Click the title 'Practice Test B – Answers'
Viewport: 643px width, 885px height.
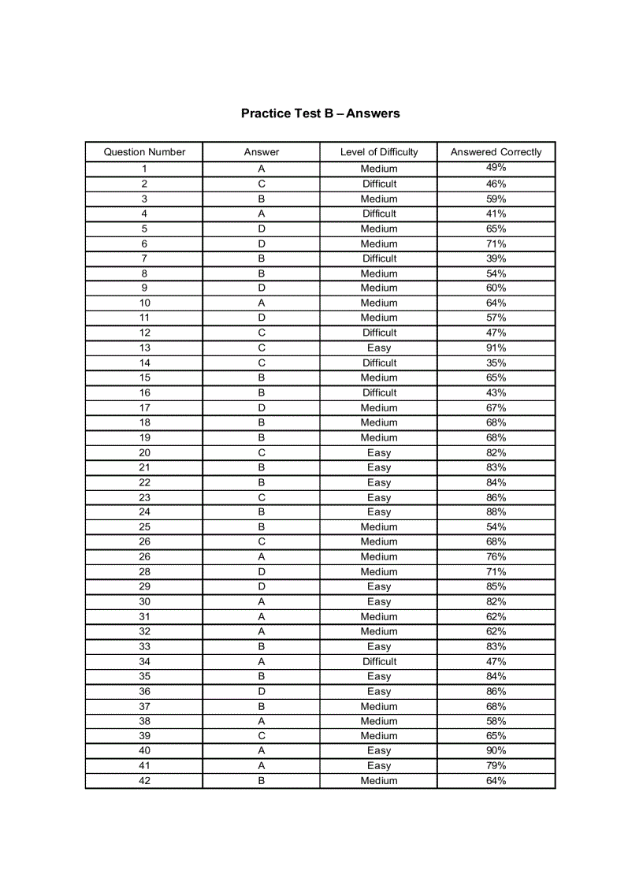coord(320,113)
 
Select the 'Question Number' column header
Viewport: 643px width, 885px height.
coord(144,152)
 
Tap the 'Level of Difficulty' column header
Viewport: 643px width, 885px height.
coord(379,152)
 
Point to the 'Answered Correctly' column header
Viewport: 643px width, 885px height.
coord(496,152)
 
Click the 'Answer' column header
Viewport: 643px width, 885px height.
coord(261,152)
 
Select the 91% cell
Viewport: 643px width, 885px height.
coord(496,348)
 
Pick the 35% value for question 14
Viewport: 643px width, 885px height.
coord(496,363)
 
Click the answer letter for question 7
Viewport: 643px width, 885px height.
coord(261,258)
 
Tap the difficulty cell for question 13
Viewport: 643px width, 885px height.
coord(379,348)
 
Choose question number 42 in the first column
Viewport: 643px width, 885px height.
coord(144,780)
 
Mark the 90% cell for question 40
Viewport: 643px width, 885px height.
coord(496,750)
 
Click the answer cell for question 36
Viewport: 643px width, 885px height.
coord(261,691)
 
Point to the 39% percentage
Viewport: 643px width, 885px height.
coord(496,258)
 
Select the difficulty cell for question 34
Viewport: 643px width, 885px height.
coord(379,661)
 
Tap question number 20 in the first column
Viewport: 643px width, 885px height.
coord(144,452)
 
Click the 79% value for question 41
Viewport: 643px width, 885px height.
coord(496,765)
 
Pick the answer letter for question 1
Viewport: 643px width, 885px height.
coord(261,169)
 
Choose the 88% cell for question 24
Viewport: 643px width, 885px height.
coord(496,512)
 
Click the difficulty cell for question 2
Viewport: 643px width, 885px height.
coord(379,184)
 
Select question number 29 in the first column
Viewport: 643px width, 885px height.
coord(144,586)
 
